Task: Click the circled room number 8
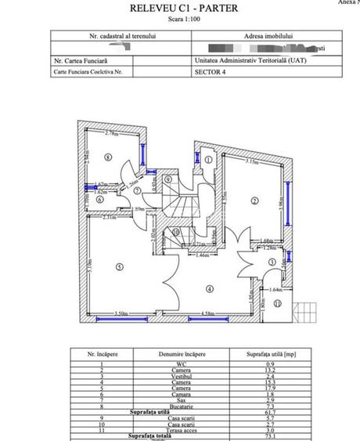[107, 157]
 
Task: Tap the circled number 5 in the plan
[118, 266]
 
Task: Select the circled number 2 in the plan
[254, 201]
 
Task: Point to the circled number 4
[209, 287]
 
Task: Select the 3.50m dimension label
[121, 314]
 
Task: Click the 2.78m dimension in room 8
[111, 134]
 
